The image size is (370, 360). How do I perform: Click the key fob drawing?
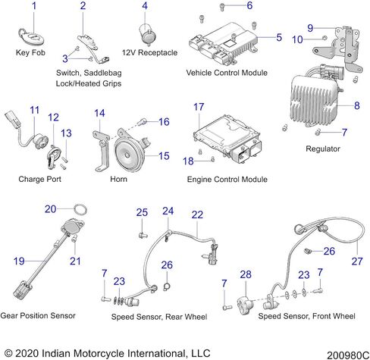[x=31, y=37]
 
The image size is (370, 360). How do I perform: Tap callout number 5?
[x=279, y=37]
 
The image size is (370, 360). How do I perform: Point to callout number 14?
[x=99, y=113]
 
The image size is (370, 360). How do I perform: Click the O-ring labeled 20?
[x=80, y=210]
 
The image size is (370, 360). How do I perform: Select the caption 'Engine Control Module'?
[x=227, y=179]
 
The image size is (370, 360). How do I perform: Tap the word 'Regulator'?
[x=323, y=149]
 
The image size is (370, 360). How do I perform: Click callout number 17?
[x=199, y=107]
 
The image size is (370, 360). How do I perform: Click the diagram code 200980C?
[x=348, y=355]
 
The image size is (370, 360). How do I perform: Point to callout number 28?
[x=246, y=274]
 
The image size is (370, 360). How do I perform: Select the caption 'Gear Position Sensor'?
[x=38, y=315]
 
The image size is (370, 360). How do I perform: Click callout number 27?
[x=357, y=261]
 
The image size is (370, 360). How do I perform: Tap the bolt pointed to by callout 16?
[x=143, y=123]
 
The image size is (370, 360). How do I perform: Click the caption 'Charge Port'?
[x=39, y=179]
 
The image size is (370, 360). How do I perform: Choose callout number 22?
[x=197, y=214]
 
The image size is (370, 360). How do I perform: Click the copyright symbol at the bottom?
[x=8, y=353]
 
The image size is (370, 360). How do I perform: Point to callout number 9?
[x=310, y=28]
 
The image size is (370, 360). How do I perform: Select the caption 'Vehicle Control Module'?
[x=227, y=73]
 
